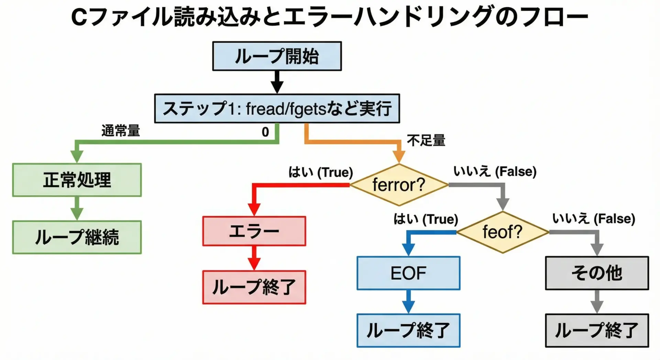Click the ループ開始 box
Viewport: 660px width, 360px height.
[277, 56]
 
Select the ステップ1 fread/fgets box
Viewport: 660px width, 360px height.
[277, 108]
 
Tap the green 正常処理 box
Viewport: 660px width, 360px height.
[77, 180]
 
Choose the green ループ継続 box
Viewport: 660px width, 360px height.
[77, 237]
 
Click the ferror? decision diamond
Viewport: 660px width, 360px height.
[399, 185]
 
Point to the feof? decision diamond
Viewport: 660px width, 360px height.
[502, 232]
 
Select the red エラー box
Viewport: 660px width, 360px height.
[254, 231]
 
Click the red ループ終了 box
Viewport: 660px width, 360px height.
[254, 287]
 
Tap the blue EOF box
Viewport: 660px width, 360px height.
[408, 273]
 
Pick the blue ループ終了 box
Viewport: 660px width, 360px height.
[408, 330]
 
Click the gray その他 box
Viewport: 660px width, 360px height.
[597, 273]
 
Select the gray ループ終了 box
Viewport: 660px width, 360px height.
[597, 330]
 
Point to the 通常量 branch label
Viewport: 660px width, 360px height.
[121, 131]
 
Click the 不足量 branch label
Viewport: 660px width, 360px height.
[426, 141]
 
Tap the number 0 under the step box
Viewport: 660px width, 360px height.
[265, 132]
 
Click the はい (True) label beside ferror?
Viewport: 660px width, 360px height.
[320, 172]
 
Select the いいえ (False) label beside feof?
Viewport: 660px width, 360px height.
[594, 219]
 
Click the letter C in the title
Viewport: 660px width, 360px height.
[79, 17]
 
